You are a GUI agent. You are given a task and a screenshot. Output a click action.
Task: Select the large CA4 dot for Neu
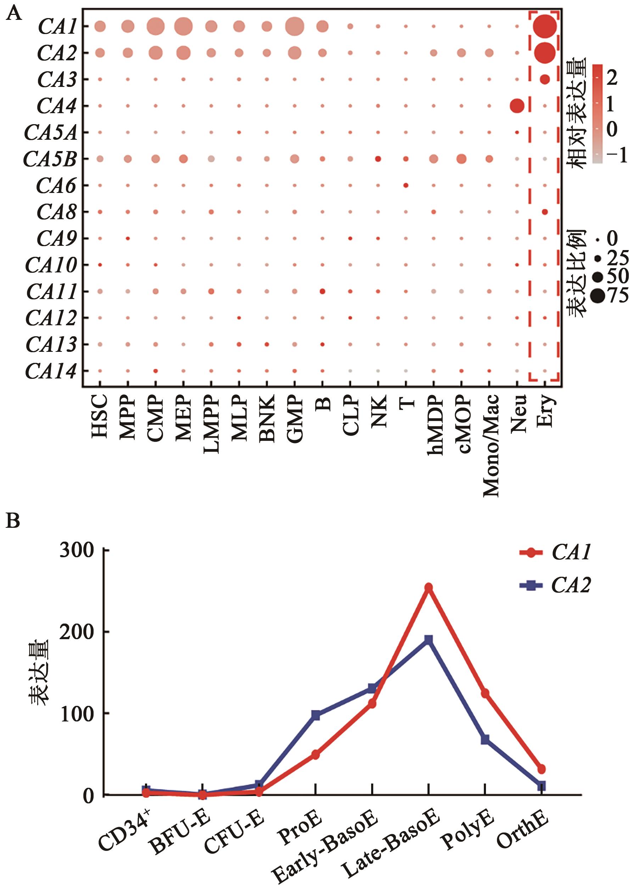pyautogui.click(x=517, y=106)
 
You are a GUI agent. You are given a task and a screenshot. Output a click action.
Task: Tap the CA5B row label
pyautogui.click(x=50, y=159)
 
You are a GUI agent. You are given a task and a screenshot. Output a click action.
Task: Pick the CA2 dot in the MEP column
pyautogui.click(x=183, y=53)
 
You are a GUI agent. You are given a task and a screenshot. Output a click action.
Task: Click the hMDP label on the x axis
pyautogui.click(x=435, y=425)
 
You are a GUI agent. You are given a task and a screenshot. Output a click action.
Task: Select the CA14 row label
pyautogui.click(x=51, y=371)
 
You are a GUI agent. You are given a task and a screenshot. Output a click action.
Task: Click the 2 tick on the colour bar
pyautogui.click(x=611, y=78)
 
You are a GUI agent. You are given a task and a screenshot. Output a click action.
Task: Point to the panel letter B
pyautogui.click(x=13, y=520)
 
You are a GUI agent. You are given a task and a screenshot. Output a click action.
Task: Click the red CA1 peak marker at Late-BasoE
pyautogui.click(x=428, y=588)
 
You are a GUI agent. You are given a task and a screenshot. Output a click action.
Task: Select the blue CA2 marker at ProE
pyautogui.click(x=315, y=715)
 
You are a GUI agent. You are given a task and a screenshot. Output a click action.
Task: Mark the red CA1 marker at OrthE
pyautogui.click(x=541, y=769)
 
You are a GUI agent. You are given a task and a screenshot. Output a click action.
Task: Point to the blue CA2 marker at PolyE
pyautogui.click(x=485, y=740)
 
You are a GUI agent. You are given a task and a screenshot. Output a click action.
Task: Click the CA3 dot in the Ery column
pyautogui.click(x=544, y=79)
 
